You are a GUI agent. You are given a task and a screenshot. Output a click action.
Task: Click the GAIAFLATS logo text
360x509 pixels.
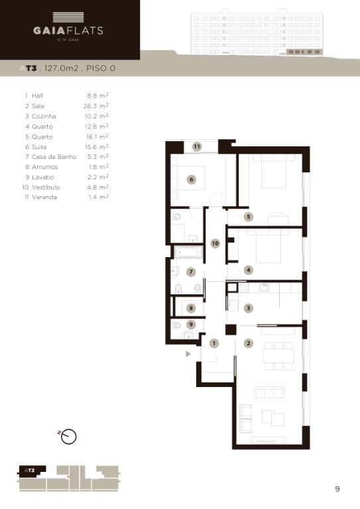point(68,30)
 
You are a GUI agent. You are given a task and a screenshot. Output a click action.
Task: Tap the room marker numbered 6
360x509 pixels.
point(192,179)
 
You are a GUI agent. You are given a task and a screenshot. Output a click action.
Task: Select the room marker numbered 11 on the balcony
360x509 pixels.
point(197,146)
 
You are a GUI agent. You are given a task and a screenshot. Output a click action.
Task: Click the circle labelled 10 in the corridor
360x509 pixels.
point(215,243)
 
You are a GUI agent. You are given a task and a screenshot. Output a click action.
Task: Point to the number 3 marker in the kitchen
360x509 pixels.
point(249,308)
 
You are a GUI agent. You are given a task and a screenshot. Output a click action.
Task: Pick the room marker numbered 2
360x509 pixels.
point(249,343)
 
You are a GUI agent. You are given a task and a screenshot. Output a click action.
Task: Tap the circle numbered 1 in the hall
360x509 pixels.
point(214,343)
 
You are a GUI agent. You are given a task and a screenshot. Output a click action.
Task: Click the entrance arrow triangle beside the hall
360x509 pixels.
point(188,354)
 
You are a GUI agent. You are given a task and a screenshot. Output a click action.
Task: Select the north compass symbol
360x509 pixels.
point(68,436)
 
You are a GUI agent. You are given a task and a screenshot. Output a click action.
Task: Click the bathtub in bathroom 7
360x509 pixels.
point(188,253)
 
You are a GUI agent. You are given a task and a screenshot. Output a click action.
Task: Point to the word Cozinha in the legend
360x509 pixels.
point(44,116)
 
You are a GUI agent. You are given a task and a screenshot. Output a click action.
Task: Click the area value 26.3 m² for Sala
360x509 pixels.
point(95,106)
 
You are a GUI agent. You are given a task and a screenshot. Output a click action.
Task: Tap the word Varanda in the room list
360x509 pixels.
point(44,197)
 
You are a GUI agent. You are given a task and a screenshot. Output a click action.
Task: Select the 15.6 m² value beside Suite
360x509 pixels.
point(97,146)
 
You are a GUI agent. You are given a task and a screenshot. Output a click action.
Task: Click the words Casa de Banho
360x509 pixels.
point(54,157)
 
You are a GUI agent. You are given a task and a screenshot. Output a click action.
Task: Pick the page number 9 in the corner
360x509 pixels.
point(337,489)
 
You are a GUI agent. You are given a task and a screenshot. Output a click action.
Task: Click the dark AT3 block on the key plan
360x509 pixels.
point(31,471)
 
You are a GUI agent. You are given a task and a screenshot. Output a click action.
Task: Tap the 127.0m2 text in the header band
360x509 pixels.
point(62,68)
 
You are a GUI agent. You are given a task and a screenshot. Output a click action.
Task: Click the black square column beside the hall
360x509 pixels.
point(231,330)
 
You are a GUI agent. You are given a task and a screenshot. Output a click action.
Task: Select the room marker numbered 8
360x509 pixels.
point(191,308)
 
